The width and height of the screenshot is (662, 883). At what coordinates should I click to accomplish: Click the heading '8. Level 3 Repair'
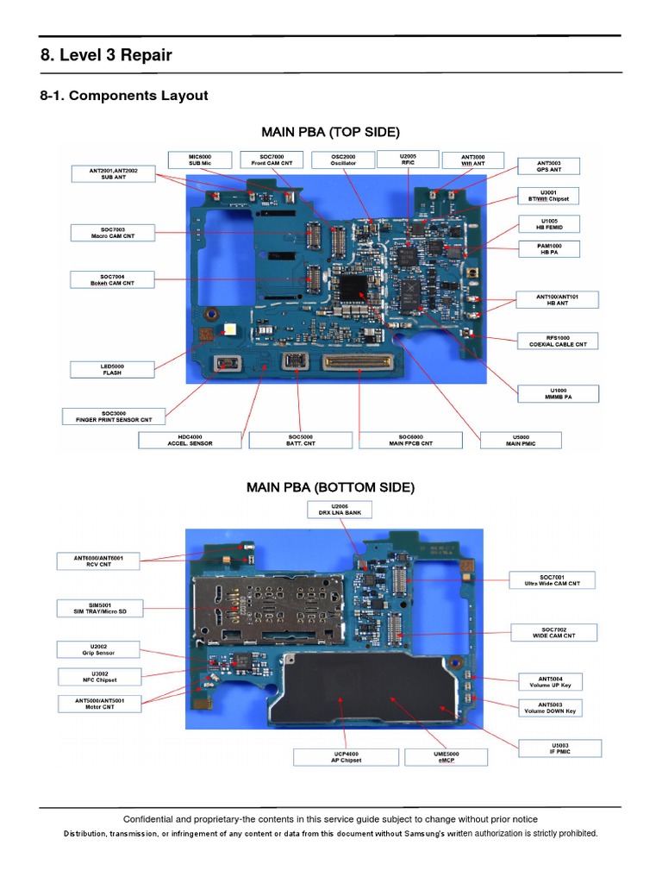point(106,55)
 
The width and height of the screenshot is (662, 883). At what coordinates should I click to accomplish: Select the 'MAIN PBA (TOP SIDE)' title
point(330,132)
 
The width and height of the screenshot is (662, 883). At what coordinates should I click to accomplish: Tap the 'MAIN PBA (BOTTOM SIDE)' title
point(330,487)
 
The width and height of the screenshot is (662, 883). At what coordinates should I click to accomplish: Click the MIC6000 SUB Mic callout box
point(199,160)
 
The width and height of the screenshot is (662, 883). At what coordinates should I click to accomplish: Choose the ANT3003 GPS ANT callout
point(547,166)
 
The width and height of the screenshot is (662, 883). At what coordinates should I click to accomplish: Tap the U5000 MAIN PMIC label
point(520,440)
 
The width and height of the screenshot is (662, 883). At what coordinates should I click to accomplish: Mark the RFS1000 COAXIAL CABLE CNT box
point(558,341)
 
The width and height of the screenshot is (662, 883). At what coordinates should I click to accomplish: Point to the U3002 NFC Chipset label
point(97,676)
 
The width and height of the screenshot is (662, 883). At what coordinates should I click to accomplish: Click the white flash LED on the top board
point(230,329)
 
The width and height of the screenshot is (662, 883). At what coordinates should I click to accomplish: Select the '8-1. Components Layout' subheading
point(124,96)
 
